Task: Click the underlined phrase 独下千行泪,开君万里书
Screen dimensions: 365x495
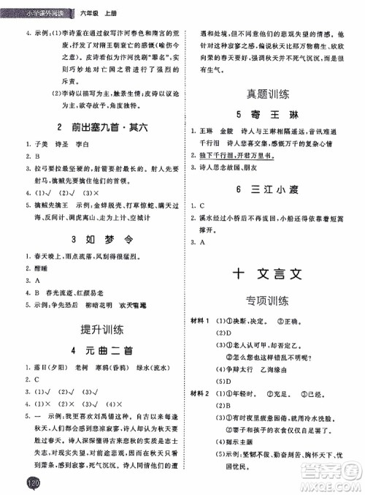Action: tap(246, 155)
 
